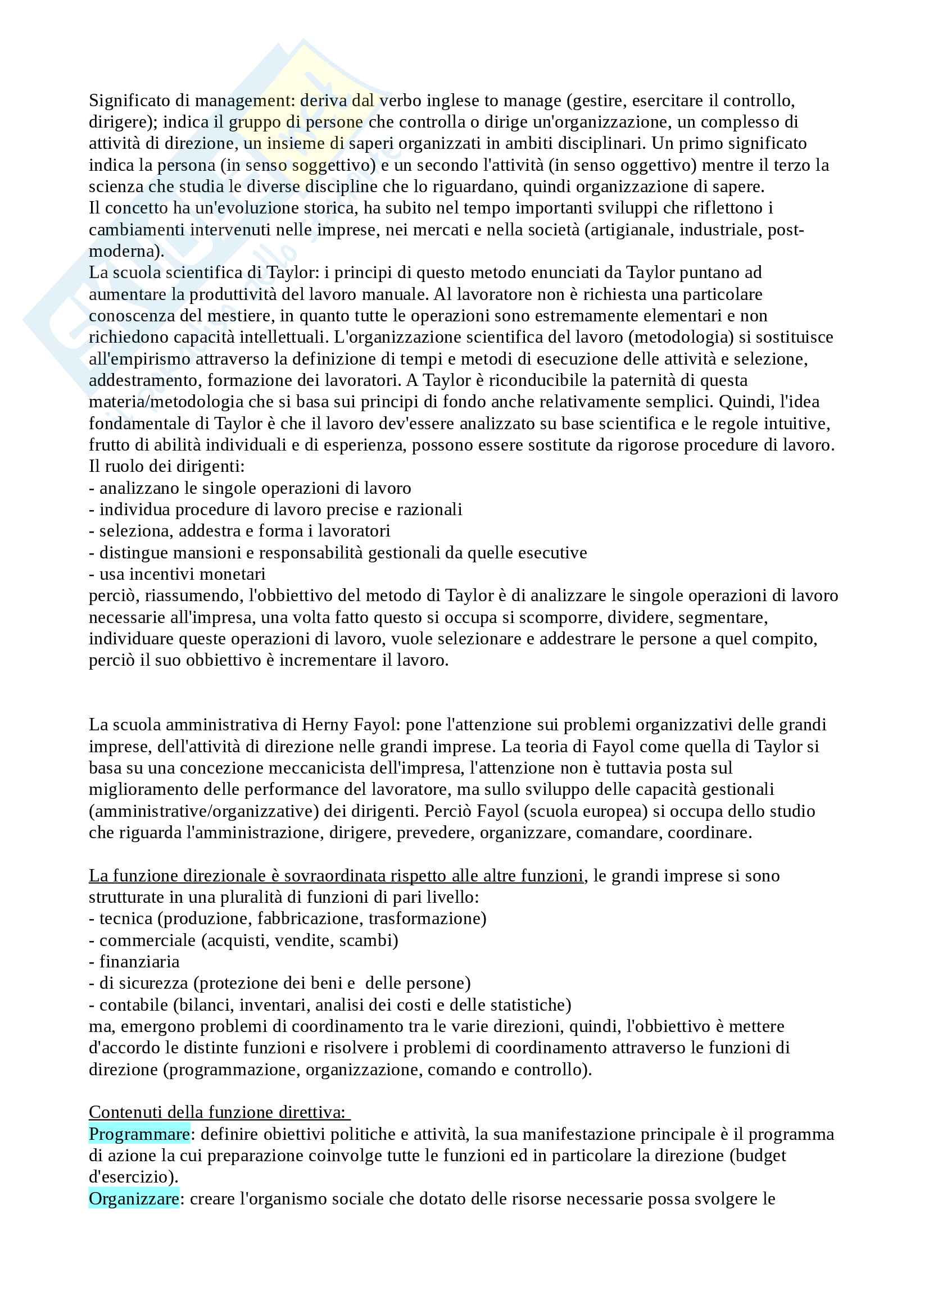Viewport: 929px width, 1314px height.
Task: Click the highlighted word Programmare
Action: [139, 1134]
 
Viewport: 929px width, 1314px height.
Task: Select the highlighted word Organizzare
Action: [134, 1198]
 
